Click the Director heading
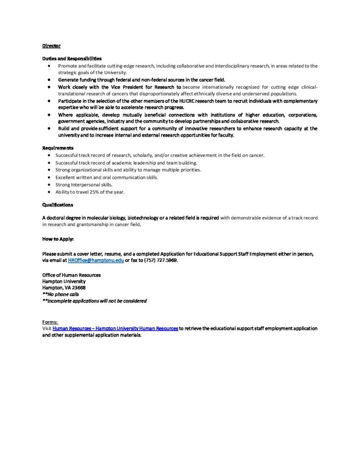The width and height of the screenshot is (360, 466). click(51, 46)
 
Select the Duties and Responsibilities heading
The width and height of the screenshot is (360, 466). click(72, 59)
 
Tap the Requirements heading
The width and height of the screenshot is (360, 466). click(58, 148)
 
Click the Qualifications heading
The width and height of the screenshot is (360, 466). click(58, 205)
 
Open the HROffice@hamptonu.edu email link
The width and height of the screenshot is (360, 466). click(96, 260)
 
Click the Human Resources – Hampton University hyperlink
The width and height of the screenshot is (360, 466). click(115, 328)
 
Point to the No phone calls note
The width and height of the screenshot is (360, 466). click(61, 294)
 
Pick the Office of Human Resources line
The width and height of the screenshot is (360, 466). click(71, 275)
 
